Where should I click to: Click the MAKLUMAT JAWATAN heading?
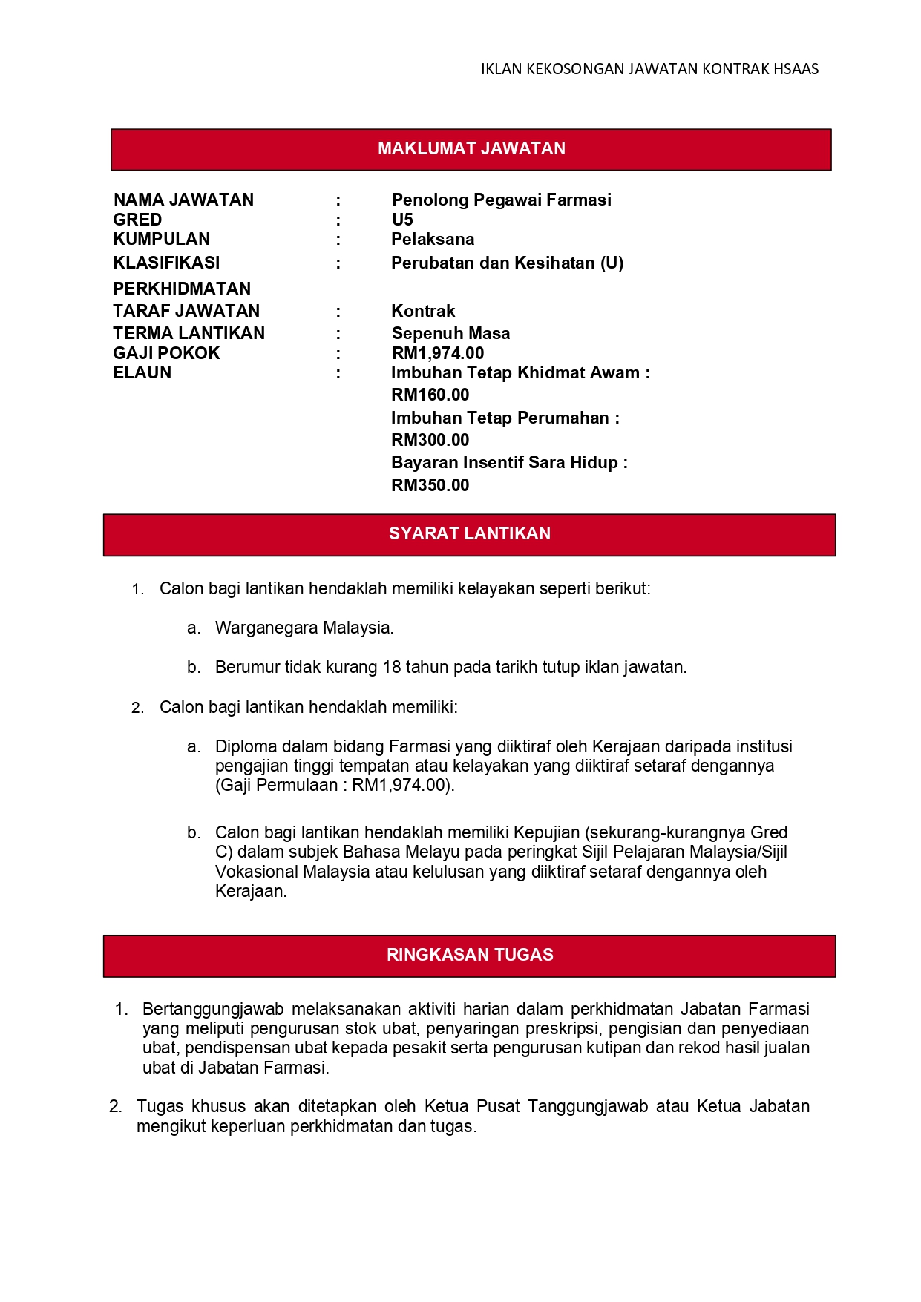point(471,148)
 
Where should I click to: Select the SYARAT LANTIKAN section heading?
point(469,533)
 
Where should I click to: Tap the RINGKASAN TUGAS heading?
point(469,955)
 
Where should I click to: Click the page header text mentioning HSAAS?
point(649,69)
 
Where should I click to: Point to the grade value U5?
point(402,220)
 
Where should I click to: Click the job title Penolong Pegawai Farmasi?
point(501,200)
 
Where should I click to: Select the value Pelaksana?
point(433,239)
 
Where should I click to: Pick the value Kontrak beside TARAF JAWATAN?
point(423,311)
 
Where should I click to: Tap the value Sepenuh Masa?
point(450,333)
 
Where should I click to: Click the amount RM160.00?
point(430,395)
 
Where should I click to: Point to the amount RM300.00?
point(430,440)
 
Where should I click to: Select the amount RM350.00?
point(430,485)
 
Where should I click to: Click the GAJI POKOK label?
point(166,353)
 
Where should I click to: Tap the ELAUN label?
point(142,372)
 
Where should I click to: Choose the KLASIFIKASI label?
point(166,263)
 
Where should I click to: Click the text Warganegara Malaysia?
point(304,628)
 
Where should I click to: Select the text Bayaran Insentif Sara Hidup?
point(505,462)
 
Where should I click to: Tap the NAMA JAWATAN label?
point(183,200)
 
